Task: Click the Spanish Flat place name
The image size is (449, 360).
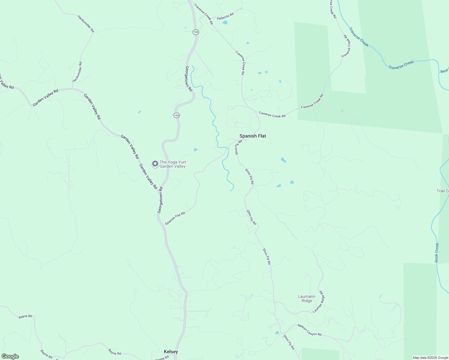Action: point(253,136)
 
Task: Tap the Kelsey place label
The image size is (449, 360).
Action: point(171,352)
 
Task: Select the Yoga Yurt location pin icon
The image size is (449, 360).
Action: point(155,164)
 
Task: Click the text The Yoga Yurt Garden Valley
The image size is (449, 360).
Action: point(173,164)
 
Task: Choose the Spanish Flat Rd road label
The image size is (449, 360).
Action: point(175,218)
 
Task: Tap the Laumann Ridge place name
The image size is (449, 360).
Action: point(307,298)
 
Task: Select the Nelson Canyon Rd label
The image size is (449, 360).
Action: point(309,330)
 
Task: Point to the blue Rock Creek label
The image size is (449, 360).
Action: point(437,253)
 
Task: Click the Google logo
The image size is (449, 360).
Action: point(10,356)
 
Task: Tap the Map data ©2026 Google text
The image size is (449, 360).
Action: point(430,358)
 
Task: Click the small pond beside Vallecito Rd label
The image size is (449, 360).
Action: point(225,22)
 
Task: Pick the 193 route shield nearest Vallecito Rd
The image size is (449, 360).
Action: point(196,32)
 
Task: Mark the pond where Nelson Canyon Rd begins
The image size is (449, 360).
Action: point(277,332)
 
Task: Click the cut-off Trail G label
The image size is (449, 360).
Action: point(443,191)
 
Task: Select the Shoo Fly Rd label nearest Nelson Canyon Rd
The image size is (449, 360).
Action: point(289,342)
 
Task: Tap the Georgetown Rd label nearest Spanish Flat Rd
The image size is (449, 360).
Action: point(160,200)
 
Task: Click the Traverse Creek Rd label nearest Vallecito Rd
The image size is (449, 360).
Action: point(203,14)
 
